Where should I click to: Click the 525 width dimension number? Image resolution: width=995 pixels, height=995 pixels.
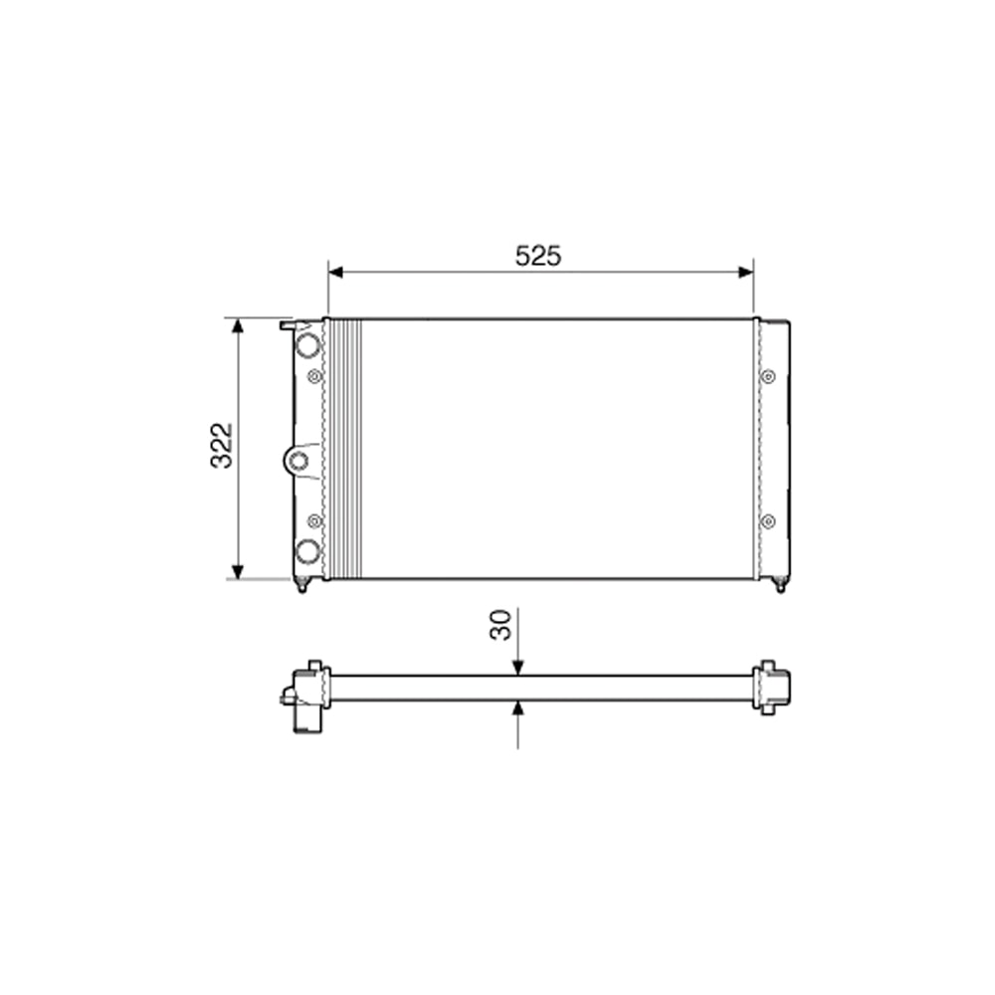(x=538, y=257)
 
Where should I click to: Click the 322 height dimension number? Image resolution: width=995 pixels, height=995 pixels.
(x=221, y=446)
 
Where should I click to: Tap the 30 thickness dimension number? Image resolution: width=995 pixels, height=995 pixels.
(x=501, y=625)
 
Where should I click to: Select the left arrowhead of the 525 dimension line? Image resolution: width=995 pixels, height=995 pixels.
(x=335, y=272)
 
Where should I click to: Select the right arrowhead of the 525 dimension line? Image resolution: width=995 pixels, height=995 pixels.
(x=745, y=272)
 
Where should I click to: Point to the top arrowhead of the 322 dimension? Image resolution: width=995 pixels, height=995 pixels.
(x=237, y=326)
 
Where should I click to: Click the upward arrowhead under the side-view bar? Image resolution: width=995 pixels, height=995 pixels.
(x=517, y=707)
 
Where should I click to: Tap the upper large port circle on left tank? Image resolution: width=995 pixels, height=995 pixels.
(x=308, y=345)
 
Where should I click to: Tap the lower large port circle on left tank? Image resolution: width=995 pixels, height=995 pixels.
(x=308, y=550)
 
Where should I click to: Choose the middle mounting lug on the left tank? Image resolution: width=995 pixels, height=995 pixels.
(x=298, y=460)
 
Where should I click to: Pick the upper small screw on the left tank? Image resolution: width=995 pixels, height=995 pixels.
(x=315, y=376)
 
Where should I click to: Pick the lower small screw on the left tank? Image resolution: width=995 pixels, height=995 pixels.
(x=315, y=520)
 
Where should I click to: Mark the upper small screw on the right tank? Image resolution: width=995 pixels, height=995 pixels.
(x=768, y=376)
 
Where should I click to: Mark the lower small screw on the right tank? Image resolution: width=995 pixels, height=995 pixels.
(x=768, y=520)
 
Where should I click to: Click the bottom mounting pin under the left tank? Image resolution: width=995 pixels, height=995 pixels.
(x=301, y=585)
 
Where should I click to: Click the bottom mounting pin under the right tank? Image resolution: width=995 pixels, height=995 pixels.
(x=780, y=585)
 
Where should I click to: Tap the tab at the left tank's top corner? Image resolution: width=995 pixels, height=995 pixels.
(x=289, y=324)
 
